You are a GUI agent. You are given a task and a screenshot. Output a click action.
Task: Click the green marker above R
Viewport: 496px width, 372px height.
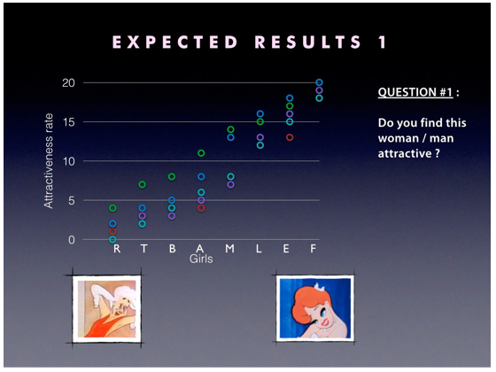[x=112, y=208]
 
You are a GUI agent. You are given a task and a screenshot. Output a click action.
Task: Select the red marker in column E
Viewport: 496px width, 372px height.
[x=290, y=137]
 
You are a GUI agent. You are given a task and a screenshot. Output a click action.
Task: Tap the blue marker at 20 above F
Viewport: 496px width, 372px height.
[x=319, y=82]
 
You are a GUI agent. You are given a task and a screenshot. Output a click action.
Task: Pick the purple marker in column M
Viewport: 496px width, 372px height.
[x=230, y=184]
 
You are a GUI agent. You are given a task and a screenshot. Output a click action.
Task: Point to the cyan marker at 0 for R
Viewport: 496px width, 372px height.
[x=112, y=239]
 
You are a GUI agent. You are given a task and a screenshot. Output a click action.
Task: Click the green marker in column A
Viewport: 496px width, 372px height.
[x=201, y=153]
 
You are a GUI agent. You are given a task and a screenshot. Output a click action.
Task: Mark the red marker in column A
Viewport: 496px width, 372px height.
[x=201, y=208]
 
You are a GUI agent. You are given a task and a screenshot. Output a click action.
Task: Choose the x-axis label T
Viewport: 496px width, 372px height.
[x=143, y=249]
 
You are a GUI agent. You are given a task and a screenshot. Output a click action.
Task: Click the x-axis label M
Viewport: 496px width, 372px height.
[x=230, y=249]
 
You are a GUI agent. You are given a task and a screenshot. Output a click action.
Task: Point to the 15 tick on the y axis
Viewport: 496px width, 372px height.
[x=68, y=122]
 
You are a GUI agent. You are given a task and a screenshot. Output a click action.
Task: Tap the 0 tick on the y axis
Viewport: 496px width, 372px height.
[x=72, y=240]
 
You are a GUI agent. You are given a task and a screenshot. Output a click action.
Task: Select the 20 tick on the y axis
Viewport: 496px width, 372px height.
[x=68, y=83]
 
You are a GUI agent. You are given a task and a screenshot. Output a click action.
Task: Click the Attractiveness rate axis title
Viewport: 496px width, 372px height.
[x=49, y=160]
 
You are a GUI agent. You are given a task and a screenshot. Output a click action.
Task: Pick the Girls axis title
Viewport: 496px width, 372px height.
[x=201, y=259]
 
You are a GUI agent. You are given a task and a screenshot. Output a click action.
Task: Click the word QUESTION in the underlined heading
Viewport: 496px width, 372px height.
[x=407, y=92]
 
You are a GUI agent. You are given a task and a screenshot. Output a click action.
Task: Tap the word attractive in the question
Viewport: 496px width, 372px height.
[x=405, y=154]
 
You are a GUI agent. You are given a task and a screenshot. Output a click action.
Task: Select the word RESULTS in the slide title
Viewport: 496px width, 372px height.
[x=308, y=43]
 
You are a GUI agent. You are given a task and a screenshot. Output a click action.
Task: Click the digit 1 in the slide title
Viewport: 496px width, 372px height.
[x=383, y=43]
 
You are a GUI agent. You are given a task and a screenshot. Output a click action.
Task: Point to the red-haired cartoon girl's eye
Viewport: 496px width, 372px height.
[x=323, y=313]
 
